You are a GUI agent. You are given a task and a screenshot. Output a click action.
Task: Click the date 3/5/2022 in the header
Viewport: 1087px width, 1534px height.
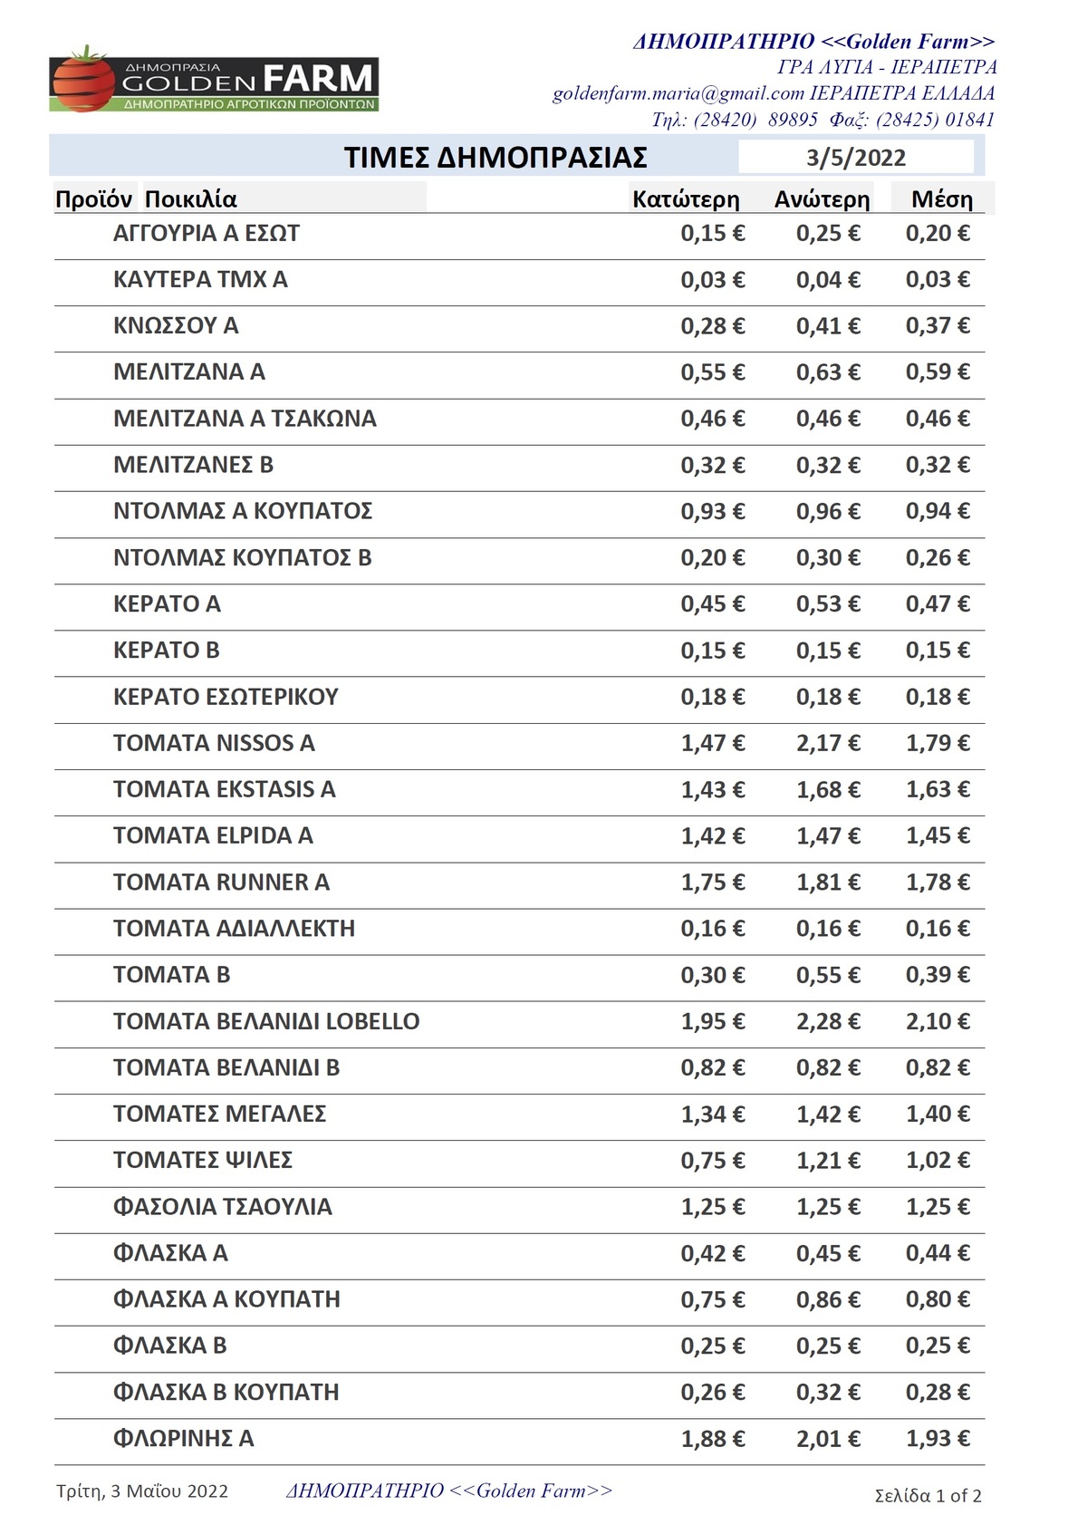855,158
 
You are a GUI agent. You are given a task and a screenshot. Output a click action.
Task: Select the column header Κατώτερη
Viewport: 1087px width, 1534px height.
686,199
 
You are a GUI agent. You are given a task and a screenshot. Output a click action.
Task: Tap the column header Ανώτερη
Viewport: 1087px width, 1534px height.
822,199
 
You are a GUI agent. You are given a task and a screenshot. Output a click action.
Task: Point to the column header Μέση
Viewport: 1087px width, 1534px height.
942,199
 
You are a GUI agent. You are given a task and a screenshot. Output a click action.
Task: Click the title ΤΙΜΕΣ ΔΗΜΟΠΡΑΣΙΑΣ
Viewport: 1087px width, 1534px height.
495,158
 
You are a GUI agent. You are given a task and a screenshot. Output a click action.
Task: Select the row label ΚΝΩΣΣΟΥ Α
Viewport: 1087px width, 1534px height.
176,325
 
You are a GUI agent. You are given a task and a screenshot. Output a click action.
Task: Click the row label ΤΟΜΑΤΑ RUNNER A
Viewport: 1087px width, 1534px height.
221,882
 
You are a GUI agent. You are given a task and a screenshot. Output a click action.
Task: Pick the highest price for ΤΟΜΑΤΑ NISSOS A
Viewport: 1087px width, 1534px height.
828,743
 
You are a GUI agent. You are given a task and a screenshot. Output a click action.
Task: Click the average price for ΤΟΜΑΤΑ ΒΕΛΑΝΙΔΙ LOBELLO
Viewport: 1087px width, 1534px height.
938,1021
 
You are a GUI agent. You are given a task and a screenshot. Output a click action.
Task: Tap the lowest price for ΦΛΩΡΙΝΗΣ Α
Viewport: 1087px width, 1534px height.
713,1438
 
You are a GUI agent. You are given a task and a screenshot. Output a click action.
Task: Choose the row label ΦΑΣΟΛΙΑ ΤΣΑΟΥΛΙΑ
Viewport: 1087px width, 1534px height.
223,1206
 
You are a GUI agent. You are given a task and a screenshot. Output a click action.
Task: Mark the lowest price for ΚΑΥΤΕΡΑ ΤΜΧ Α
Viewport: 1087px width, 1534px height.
713,279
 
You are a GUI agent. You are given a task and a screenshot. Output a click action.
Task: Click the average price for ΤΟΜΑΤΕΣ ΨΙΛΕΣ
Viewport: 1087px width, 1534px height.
938,1160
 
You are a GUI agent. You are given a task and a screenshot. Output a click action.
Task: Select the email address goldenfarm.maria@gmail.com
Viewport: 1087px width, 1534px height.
678,93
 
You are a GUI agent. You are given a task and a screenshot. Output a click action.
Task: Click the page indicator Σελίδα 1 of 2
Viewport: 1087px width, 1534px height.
928,1495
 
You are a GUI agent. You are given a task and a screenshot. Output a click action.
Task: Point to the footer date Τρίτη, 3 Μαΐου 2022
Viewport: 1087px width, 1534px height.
142,1491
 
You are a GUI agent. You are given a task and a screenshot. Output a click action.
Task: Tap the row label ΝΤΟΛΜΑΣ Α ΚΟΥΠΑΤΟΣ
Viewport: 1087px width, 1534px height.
243,511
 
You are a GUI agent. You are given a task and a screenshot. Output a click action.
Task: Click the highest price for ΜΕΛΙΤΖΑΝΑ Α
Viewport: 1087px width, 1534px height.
828,371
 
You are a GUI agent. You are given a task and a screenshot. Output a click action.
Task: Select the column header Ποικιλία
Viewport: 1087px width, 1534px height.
191,199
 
